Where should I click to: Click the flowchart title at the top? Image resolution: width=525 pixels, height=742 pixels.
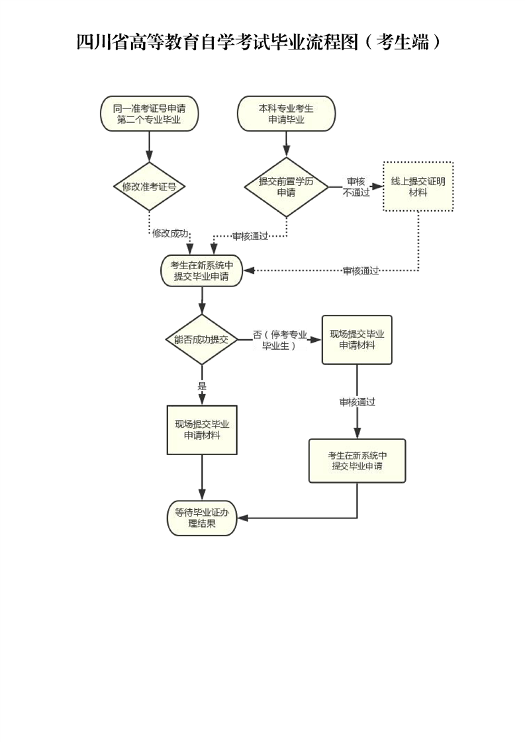tap(259, 42)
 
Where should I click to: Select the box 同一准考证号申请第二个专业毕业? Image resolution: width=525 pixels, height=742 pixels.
tap(149, 114)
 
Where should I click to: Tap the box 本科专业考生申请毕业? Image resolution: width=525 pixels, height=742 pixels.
tap(286, 114)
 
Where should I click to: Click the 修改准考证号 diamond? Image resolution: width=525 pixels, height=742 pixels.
tap(149, 186)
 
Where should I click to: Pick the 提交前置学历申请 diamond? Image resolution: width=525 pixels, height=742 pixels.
tap(286, 186)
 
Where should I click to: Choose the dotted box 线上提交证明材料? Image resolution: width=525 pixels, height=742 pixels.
tap(418, 186)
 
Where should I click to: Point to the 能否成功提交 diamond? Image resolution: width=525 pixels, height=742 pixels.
tap(201, 339)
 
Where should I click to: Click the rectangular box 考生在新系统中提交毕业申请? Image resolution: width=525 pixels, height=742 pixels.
tap(357, 460)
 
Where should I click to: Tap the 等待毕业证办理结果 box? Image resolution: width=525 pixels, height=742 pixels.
tap(201, 517)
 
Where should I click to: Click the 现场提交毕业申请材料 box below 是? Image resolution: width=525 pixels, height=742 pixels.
tap(201, 430)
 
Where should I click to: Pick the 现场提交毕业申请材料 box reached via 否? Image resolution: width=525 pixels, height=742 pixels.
tap(357, 339)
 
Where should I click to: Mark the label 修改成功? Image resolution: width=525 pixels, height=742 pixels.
tap(170, 233)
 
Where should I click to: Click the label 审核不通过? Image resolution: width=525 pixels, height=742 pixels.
tap(356, 186)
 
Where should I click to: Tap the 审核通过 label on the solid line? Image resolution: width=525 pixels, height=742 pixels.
tap(357, 401)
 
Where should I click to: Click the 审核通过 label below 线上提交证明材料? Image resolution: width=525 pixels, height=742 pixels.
tap(361, 270)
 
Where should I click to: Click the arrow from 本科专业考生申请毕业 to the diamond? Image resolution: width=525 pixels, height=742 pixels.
tap(286, 144)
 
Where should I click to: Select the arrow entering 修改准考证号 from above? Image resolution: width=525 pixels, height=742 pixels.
tap(149, 147)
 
